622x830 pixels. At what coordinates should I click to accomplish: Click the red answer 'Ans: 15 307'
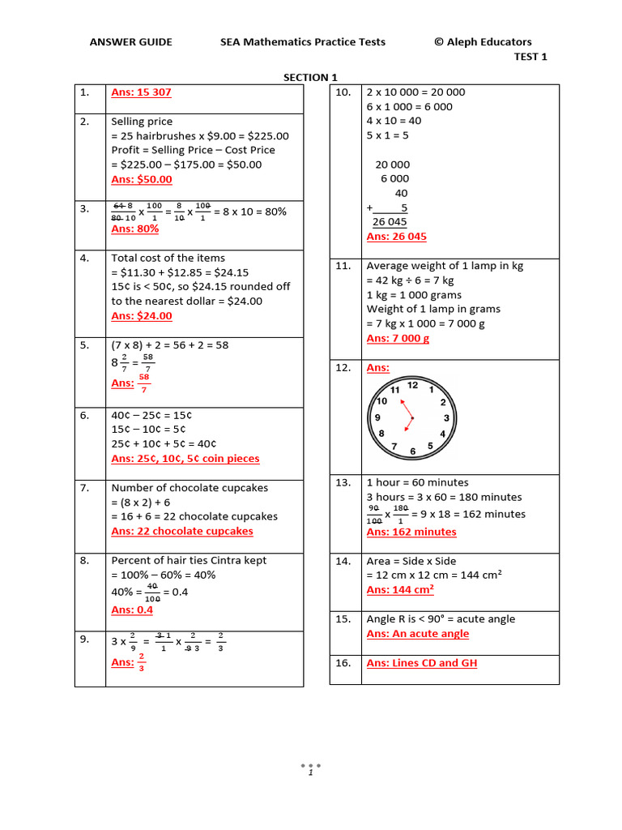point(141,92)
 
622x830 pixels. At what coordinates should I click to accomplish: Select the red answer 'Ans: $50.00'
point(141,179)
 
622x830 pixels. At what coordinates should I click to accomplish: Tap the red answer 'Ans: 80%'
point(134,229)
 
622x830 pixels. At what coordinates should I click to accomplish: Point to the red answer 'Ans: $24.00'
point(141,316)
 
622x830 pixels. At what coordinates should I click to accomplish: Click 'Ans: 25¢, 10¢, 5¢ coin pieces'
point(185,459)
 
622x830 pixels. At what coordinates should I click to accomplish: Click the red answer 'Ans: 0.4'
point(132,610)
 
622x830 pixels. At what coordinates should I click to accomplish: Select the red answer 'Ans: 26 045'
point(396,237)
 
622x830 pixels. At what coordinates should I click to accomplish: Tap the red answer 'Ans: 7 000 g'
point(398,339)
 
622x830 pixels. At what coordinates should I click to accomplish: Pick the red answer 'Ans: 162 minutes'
point(411,532)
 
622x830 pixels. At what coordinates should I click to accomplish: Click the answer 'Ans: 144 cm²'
point(400,590)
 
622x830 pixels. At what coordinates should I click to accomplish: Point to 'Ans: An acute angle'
point(417,634)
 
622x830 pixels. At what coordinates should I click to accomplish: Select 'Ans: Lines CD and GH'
point(421,663)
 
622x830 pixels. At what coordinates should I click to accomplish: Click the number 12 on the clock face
point(412,385)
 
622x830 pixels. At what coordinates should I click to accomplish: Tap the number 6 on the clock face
point(413,451)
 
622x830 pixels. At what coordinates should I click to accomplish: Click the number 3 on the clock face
point(446,418)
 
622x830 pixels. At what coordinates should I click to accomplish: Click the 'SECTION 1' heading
point(310,78)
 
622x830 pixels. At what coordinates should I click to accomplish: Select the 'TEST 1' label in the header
point(530,57)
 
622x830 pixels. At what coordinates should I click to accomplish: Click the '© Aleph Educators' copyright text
point(483,42)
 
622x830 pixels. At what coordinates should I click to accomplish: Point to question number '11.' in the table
point(343,266)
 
